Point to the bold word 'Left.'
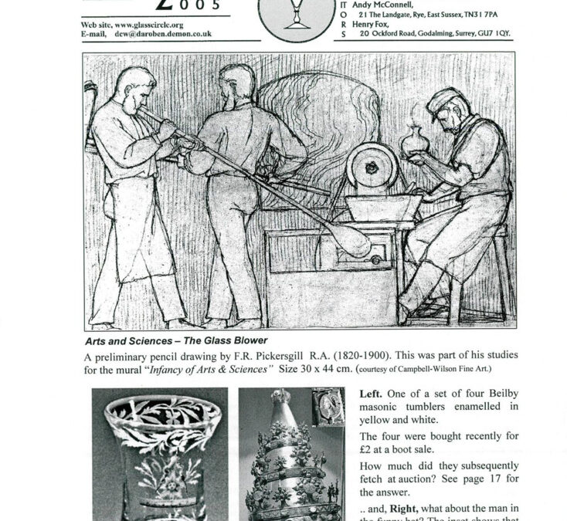tap(373, 393)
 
